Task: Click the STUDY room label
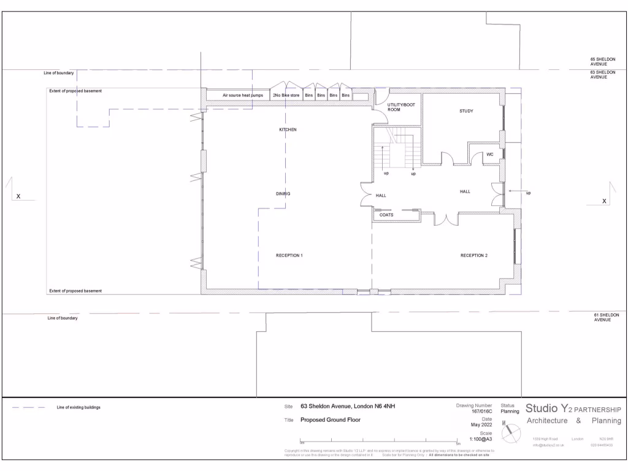tap(467, 111)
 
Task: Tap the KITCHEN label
tap(288, 130)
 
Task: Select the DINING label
tap(283, 194)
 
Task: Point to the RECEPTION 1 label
tap(289, 255)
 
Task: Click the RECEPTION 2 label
tap(474, 255)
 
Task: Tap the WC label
tap(490, 155)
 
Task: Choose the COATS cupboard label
tap(386, 215)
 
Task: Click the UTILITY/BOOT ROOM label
tap(401, 107)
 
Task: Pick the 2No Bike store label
tap(286, 96)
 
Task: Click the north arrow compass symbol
tap(510, 434)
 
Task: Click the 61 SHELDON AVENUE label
tap(606, 317)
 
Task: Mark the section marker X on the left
tap(18, 196)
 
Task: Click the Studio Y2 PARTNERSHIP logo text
tap(573, 408)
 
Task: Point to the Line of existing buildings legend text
tap(78, 407)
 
